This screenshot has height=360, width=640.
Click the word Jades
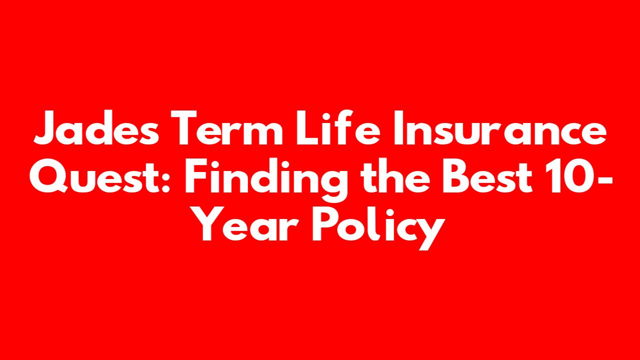tap(96, 128)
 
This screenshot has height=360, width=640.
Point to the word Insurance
tap(499, 128)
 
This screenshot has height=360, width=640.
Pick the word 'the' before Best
tap(395, 175)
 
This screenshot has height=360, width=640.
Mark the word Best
tap(487, 176)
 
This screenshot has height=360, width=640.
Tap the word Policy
tap(378, 227)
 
